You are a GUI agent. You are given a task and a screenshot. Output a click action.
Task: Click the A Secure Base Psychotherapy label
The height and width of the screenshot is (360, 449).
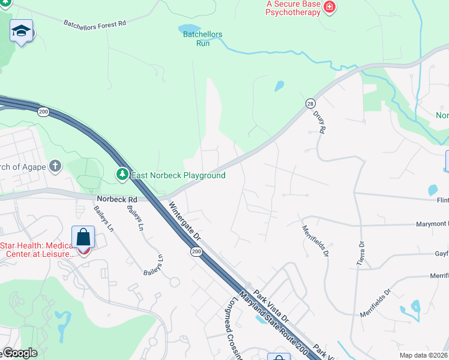click(x=293, y=8)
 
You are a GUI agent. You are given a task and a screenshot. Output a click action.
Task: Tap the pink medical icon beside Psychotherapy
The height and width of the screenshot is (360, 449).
click(x=329, y=7)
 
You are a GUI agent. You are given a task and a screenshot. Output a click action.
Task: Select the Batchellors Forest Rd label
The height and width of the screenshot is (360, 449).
click(x=95, y=23)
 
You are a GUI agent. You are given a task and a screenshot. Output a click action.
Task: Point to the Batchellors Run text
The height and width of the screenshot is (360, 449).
click(x=202, y=38)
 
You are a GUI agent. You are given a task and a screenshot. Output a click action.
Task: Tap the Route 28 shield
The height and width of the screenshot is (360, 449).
click(x=310, y=103)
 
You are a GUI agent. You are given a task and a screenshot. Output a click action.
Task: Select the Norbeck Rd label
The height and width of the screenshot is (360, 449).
click(x=116, y=199)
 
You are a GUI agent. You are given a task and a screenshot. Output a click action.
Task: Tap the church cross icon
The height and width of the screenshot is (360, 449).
click(x=55, y=166)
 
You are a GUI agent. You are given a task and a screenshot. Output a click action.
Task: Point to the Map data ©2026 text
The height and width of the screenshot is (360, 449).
click(x=423, y=355)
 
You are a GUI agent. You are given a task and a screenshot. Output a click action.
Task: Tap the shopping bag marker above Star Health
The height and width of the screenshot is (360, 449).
click(x=83, y=238)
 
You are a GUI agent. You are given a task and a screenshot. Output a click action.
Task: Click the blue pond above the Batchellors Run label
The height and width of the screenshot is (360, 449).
click(x=185, y=28)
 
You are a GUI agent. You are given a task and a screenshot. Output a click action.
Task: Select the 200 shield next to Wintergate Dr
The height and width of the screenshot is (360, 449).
click(x=196, y=251)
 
